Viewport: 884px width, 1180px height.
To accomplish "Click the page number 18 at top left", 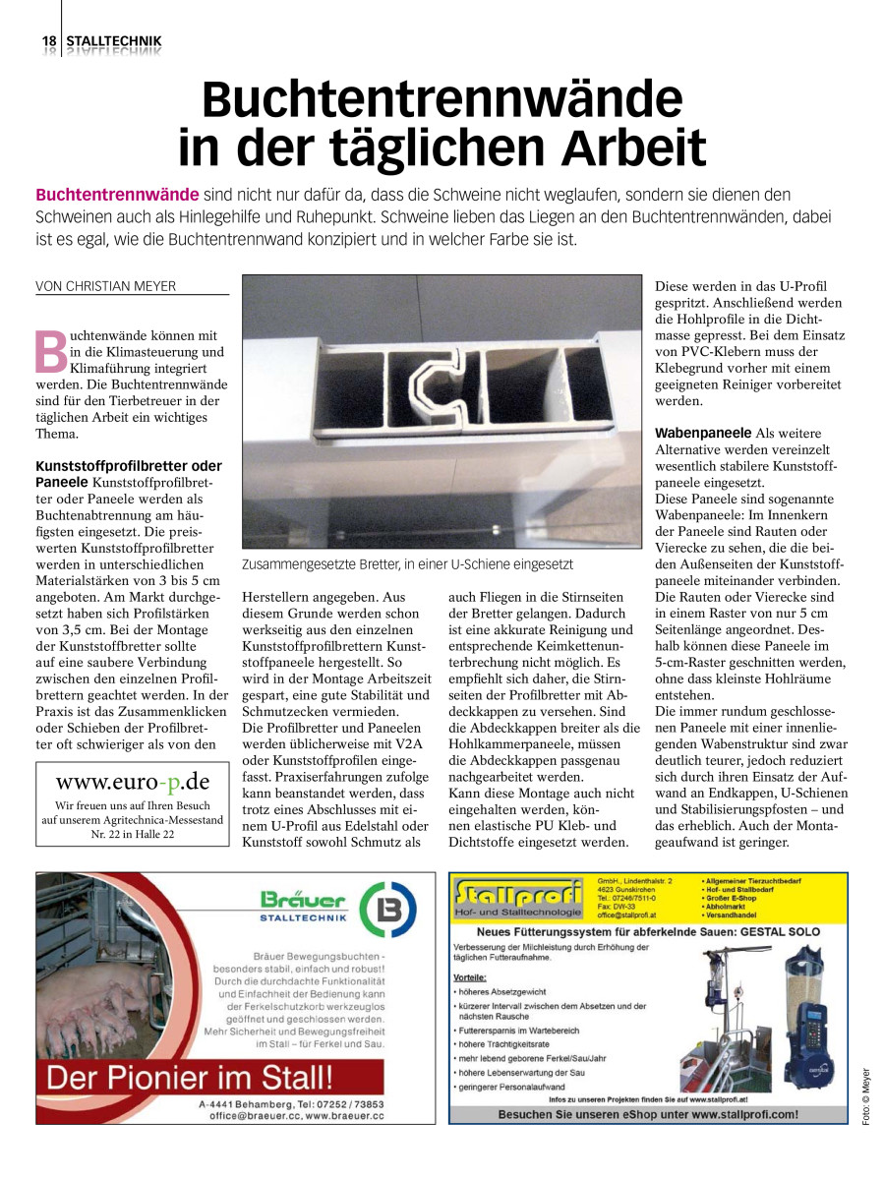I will (48, 41).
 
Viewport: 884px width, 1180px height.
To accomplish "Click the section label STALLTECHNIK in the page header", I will (114, 41).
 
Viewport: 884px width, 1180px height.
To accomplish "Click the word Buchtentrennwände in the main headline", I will (442, 101).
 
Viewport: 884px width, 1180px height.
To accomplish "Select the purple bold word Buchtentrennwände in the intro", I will (117, 194).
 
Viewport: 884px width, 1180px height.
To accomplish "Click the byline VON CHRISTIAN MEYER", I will (105, 286).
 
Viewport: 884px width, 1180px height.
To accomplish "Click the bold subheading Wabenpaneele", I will (702, 433).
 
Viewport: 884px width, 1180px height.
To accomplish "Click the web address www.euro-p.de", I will (133, 782).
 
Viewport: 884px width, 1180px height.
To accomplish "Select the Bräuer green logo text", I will (303, 900).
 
